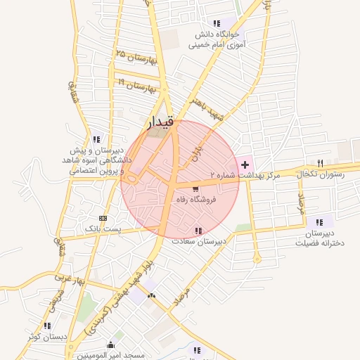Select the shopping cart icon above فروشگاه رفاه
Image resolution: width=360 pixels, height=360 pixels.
[195, 188]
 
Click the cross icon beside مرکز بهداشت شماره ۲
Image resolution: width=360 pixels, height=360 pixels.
[245, 164]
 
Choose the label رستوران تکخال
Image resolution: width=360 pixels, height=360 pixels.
[321, 174]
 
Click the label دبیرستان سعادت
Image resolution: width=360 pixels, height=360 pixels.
[200, 241]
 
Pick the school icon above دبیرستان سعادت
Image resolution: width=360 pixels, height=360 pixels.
[199, 230]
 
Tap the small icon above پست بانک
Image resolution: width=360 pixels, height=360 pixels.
[103, 218]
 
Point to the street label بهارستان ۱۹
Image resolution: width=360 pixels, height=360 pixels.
[136, 86]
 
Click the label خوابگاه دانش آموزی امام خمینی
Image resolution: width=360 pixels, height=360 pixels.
[214, 39]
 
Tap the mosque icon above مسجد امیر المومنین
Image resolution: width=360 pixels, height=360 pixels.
[110, 345]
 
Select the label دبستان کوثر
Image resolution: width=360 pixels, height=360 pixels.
[47, 337]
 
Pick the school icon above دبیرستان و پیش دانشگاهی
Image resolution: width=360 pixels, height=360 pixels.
[96, 139]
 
